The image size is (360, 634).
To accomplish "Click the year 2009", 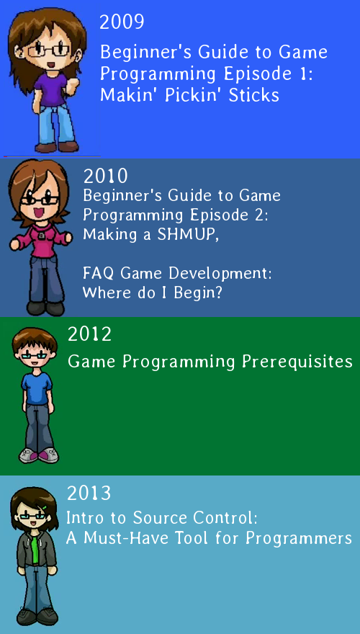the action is [122, 22].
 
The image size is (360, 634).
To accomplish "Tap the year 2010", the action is [105, 177].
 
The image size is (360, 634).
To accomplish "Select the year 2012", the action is [89, 335].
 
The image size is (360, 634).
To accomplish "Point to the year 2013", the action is [89, 494].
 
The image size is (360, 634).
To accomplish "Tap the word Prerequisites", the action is [297, 362].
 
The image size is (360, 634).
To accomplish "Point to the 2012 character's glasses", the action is [35, 356].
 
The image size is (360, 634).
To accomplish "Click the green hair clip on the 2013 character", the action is [44, 507].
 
